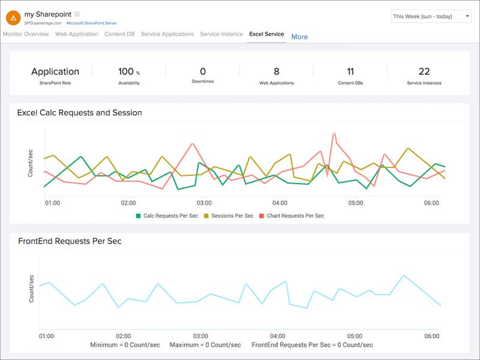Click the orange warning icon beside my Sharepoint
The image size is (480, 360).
point(13,17)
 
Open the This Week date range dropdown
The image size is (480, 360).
point(430,16)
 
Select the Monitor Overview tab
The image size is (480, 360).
point(26,34)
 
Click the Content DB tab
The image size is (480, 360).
point(119,34)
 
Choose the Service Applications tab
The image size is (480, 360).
point(167,34)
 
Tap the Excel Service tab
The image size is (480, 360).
point(266,34)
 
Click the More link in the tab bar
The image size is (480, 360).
point(299,37)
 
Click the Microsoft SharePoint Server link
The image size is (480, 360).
point(92,23)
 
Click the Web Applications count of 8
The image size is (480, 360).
point(277,72)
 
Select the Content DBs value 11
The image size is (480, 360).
point(350,72)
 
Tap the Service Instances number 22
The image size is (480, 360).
point(424,72)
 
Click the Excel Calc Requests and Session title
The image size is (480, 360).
point(79,112)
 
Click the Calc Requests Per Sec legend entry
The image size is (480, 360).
point(167,215)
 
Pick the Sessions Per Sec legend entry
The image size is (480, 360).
point(229,215)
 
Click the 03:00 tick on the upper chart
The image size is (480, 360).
point(204,203)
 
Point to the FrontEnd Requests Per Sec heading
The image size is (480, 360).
point(69,241)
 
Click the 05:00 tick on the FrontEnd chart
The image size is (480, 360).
point(355,336)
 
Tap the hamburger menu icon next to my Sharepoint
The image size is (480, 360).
point(77,14)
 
